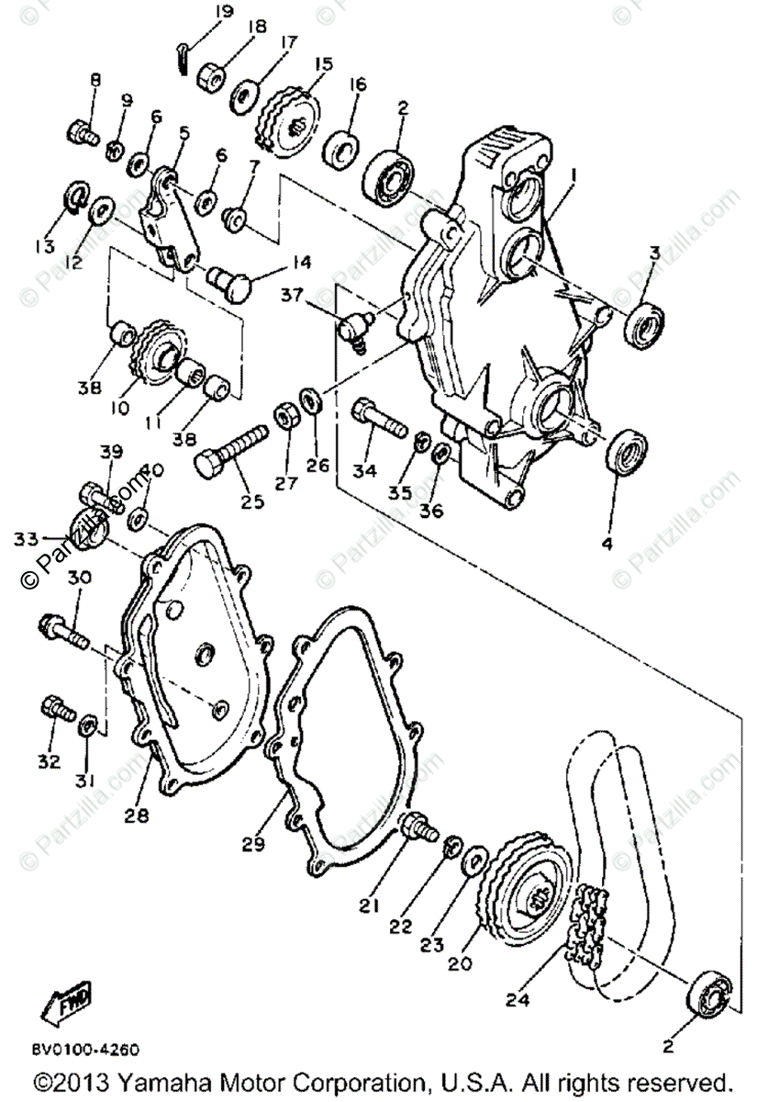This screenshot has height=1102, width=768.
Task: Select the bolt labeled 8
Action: point(82,133)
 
